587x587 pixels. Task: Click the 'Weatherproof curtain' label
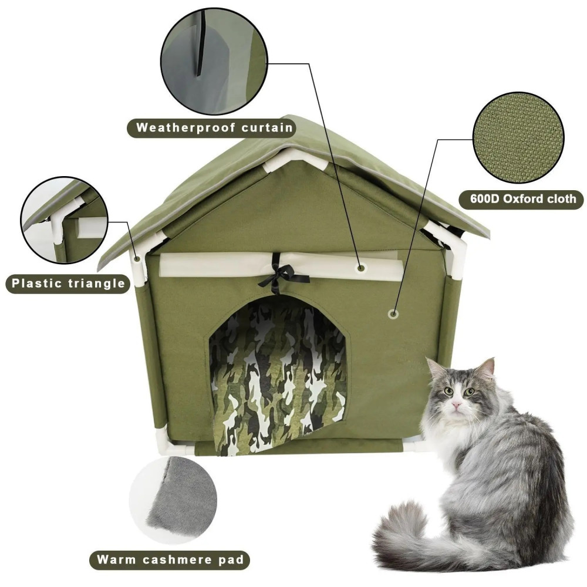tap(211, 128)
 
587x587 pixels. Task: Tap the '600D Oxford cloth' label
tap(521, 199)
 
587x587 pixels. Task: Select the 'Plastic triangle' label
tap(68, 284)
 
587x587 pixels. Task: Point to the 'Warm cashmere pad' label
tap(170, 559)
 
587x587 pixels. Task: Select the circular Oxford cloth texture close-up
tap(518, 139)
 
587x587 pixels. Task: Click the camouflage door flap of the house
tap(278, 378)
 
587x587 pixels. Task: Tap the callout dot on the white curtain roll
tap(361, 268)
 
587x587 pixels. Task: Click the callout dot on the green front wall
tap(392, 313)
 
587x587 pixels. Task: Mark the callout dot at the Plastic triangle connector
tap(138, 258)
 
